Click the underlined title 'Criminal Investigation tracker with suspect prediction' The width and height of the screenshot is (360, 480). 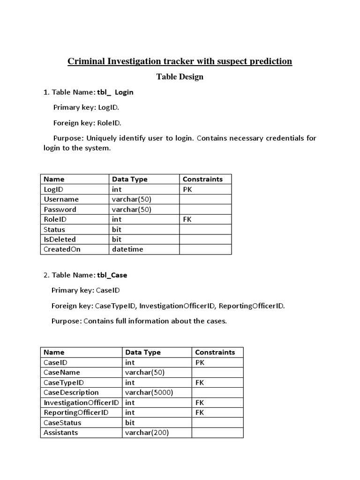coord(180,61)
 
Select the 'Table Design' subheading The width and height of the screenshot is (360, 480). coord(180,77)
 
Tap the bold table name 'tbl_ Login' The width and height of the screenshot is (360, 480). coord(115,92)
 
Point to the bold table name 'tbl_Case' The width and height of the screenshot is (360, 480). coord(112,275)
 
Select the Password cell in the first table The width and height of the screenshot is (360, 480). coord(60,210)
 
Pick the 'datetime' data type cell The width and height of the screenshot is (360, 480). coord(127,249)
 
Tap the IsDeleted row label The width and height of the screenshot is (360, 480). coord(60,240)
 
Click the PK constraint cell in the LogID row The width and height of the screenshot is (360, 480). coord(187,189)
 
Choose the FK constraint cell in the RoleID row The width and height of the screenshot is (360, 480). coord(187,219)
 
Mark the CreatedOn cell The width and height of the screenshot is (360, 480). coord(62,249)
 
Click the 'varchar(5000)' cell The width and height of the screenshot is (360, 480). coord(150,392)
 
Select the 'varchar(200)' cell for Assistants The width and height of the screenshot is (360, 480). coord(147,433)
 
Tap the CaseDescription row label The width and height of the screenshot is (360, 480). coord(71,392)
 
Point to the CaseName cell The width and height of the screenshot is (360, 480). coord(62,372)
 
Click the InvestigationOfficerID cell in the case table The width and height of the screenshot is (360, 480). coord(81,403)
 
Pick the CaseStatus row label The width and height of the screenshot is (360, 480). coord(62,423)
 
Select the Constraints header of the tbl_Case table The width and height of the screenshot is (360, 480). coord(215,352)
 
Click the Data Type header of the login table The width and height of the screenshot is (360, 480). coord(130,179)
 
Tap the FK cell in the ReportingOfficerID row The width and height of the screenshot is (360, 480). coord(200,412)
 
